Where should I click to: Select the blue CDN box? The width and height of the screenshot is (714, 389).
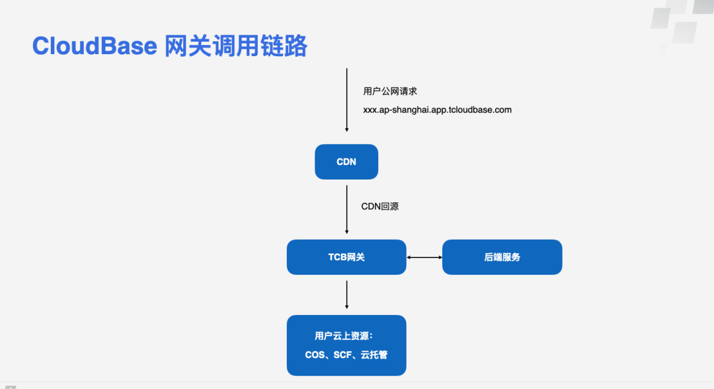tap(346, 162)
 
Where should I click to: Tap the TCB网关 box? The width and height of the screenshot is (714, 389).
tap(346, 257)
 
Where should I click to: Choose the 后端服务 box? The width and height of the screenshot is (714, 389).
tap(502, 257)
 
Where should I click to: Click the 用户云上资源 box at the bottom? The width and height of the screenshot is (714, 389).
tap(346, 345)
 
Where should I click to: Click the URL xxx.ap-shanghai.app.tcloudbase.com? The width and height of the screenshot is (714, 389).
tap(437, 110)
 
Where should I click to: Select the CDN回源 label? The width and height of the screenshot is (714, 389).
tap(379, 207)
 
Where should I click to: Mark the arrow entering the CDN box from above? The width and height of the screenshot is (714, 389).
tap(346, 99)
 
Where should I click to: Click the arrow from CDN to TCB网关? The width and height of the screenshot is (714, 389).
tap(346, 209)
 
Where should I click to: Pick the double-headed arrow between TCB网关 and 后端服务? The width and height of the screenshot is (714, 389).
tap(424, 257)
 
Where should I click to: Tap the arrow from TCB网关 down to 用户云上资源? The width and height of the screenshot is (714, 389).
tap(346, 295)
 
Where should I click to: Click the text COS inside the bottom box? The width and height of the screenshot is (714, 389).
tap(315, 355)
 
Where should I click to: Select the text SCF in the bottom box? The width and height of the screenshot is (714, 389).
tap(343, 355)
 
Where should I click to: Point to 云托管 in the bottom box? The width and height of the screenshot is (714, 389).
tap(374, 355)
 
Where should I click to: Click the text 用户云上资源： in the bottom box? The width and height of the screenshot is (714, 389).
tap(344, 336)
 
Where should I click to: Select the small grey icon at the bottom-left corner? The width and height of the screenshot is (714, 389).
tap(9, 386)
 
